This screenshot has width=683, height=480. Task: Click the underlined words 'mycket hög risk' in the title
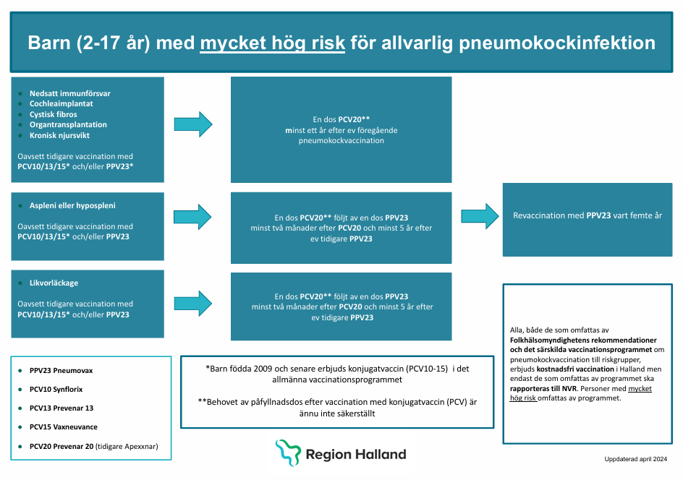[272, 43]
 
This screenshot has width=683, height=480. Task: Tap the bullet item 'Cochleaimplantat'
[61, 103]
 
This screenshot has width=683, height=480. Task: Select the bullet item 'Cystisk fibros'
[53, 114]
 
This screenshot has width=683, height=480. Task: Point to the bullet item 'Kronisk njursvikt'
[59, 135]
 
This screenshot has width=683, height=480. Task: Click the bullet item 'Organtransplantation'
[68, 125]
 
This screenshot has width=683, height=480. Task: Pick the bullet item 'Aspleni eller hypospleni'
[72, 205]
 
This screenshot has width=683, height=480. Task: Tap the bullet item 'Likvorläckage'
[54, 283]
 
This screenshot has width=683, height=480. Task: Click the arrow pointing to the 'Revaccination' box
[480, 216]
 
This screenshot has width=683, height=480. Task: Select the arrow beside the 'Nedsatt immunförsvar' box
[193, 124]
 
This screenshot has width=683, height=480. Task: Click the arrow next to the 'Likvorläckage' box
[193, 304]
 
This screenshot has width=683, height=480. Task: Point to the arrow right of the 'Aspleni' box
[192, 217]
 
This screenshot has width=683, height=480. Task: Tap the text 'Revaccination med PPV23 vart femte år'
[587, 215]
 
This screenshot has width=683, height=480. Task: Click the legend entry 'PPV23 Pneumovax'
[61, 371]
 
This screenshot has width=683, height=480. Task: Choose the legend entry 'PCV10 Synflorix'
[56, 390]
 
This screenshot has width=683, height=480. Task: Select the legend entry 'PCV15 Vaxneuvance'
[64, 427]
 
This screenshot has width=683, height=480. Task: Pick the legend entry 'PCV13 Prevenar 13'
[61, 408]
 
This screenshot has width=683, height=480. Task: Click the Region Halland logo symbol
[288, 453]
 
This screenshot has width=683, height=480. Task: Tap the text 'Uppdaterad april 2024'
[635, 459]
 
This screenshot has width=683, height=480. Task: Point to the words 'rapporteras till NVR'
[543, 389]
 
